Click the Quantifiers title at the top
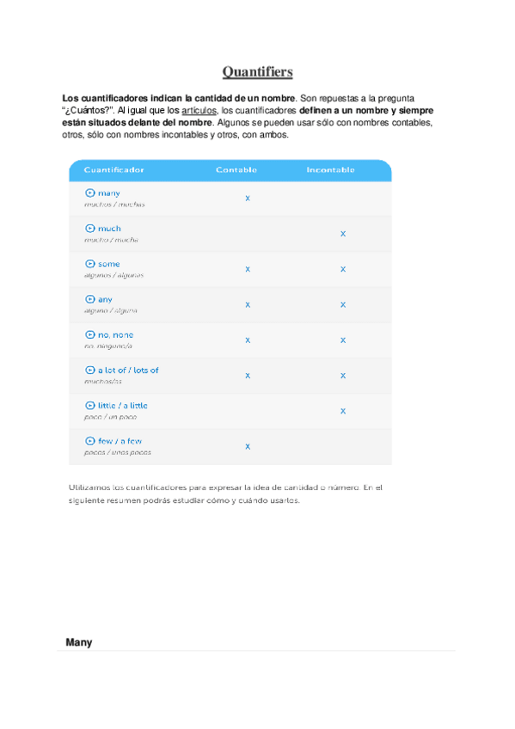(x=257, y=70)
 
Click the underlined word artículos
(x=199, y=111)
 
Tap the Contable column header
(x=236, y=170)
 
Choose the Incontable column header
(x=330, y=170)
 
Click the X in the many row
(x=248, y=199)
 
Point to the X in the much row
(x=342, y=234)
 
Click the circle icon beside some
(x=89, y=264)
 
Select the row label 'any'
(x=105, y=299)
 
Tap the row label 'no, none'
(x=115, y=334)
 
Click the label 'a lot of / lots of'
(x=127, y=371)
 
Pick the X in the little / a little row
(x=342, y=411)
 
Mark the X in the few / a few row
(x=248, y=446)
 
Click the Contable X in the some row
(x=248, y=269)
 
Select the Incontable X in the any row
(x=342, y=304)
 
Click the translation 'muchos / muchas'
(x=114, y=205)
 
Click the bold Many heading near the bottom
(x=78, y=642)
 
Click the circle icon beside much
(x=89, y=229)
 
